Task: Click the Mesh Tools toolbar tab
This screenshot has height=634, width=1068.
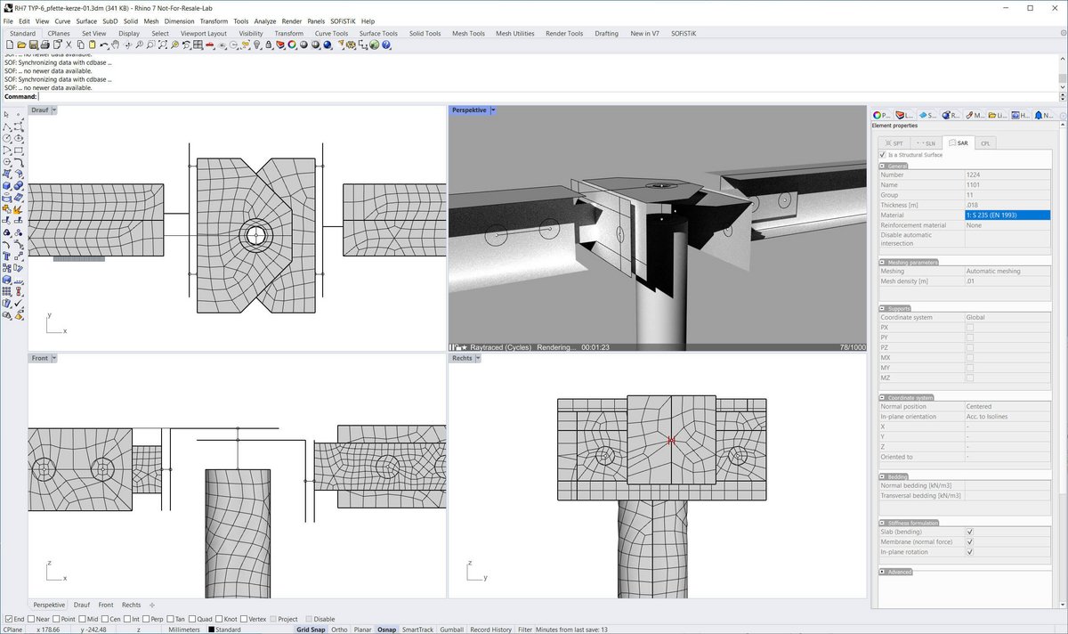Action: coord(468,34)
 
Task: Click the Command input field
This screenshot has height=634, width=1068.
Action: coord(534,97)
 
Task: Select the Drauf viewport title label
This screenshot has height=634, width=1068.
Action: coord(39,110)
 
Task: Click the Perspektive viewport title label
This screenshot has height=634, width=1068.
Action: coord(469,110)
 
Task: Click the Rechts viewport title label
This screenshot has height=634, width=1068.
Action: coord(462,358)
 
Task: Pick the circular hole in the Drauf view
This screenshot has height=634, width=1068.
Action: coord(256,236)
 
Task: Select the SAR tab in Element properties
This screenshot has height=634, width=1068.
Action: coord(959,142)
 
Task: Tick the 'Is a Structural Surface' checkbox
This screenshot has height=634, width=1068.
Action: coord(883,155)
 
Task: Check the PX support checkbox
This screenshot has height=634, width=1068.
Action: coord(970,328)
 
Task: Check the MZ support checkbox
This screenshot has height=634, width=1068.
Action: coord(970,378)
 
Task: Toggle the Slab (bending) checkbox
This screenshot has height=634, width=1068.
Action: coord(970,532)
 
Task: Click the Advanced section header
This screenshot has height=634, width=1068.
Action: coord(899,572)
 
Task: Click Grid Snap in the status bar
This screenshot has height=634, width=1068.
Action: coord(311,630)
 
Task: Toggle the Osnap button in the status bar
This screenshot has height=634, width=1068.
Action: coord(386,630)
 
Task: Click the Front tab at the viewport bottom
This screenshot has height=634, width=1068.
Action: coord(106,605)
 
